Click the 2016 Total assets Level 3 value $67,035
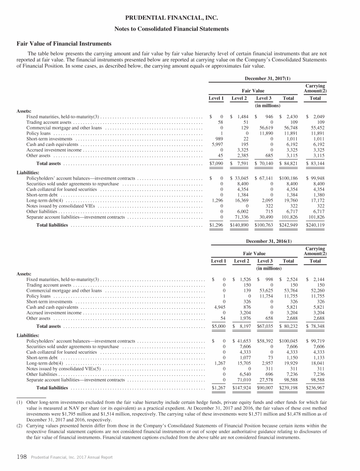[265, 326]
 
